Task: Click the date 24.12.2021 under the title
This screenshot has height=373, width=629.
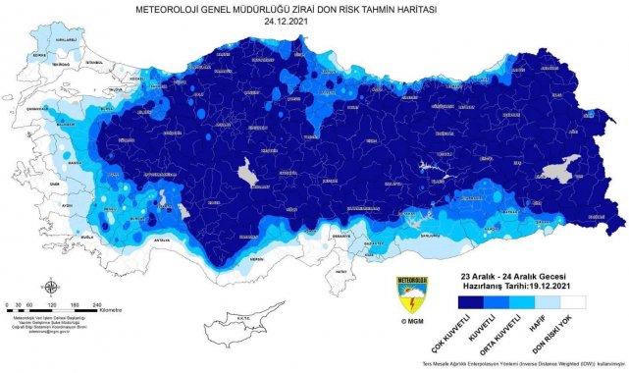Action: click(x=314, y=18)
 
